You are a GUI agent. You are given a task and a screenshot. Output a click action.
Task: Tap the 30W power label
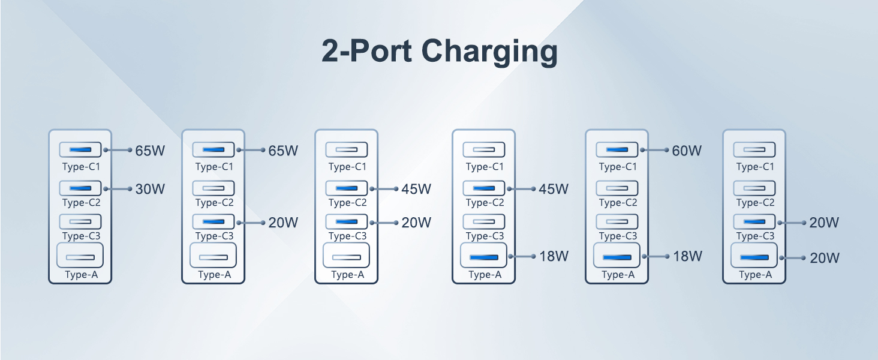point(149,189)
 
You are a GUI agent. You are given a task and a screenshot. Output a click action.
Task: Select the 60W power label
point(687,151)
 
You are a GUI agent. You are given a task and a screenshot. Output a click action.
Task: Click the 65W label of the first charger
point(149,151)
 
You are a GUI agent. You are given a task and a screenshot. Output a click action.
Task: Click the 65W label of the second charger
point(283,151)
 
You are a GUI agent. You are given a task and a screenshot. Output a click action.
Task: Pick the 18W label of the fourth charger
point(553,256)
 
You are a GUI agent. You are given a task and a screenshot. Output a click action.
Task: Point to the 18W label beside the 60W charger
point(687,256)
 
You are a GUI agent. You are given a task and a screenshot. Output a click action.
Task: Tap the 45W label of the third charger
point(416,189)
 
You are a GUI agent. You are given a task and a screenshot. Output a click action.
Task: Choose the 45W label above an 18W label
point(553,189)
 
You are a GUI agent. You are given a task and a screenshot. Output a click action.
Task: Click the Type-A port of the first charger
point(80,257)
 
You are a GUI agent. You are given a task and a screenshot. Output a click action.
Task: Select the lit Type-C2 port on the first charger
point(80,188)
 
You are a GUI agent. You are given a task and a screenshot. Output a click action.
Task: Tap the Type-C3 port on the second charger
point(214,222)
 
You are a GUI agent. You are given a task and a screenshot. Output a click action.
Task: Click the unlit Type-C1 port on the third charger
point(346,149)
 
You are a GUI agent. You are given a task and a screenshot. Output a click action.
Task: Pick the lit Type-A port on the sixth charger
point(754,257)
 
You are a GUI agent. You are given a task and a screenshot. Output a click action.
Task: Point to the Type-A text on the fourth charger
point(484,275)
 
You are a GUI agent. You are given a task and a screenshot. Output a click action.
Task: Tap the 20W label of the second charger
point(283,223)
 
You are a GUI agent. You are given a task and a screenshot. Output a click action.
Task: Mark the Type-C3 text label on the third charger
point(347,236)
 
